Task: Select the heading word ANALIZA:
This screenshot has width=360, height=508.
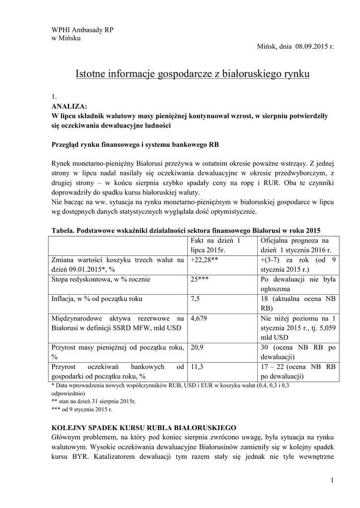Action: click(x=69, y=106)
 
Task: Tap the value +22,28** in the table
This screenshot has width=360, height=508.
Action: click(x=205, y=259)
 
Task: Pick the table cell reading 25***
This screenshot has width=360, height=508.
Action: click(x=199, y=279)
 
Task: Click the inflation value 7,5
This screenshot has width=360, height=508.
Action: click(x=195, y=299)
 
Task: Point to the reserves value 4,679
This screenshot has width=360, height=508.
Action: click(x=199, y=318)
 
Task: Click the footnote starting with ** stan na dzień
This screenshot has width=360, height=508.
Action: click(x=94, y=401)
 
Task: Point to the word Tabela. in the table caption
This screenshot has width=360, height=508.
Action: click(x=64, y=231)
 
